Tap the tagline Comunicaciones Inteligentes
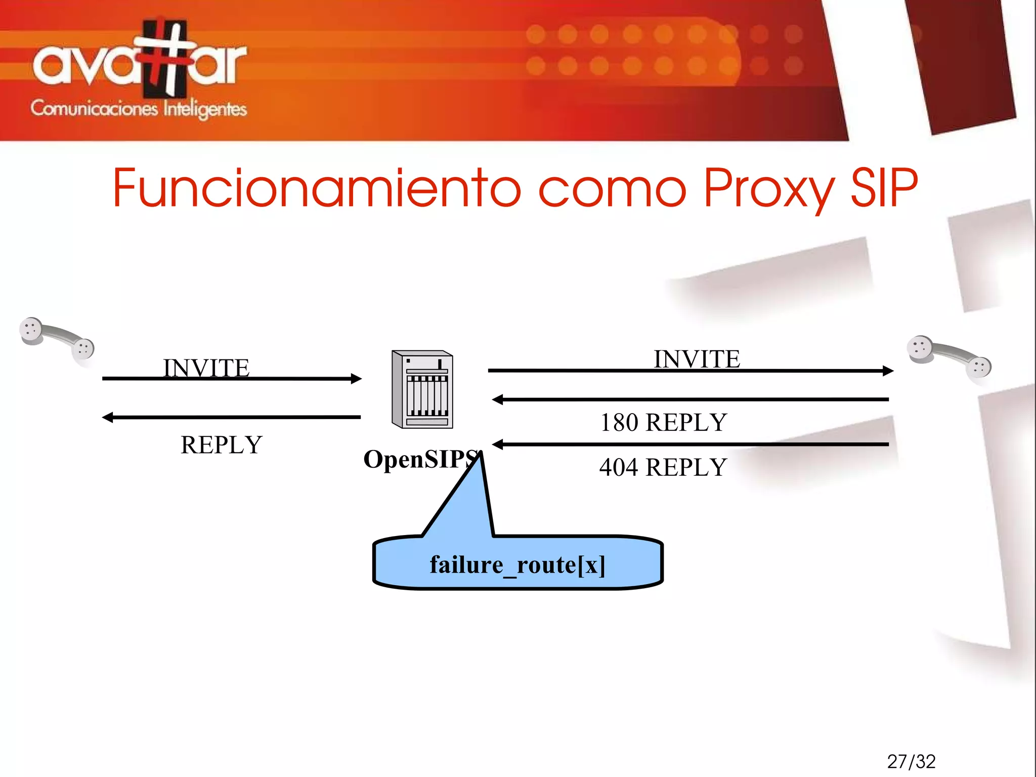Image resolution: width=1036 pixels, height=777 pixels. [139, 108]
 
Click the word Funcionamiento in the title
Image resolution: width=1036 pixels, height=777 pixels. [316, 188]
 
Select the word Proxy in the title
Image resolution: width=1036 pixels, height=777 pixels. [769, 188]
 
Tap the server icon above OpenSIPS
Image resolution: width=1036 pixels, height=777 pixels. [422, 389]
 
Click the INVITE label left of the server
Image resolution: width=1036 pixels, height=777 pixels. [206, 367]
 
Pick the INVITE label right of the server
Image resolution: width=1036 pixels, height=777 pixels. [697, 359]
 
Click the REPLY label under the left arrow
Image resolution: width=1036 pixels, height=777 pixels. [222, 445]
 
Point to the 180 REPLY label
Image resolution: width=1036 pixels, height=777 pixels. [663, 422]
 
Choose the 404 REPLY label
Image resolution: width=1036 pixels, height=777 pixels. [663, 467]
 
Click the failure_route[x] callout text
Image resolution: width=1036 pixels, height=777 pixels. [517, 564]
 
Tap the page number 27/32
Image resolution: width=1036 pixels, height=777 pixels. [911, 761]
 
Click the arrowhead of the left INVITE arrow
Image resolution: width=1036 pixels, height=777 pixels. [356, 379]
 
